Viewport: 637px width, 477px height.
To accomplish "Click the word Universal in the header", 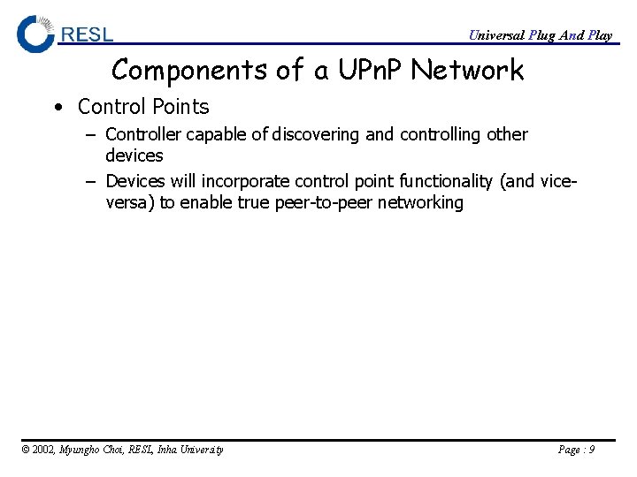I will (495, 35).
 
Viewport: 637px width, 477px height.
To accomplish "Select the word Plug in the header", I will (542, 35).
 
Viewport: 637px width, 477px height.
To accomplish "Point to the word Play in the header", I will (600, 35).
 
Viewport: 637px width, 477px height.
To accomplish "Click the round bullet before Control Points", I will (58, 108).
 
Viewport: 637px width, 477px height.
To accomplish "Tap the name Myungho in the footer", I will (81, 450).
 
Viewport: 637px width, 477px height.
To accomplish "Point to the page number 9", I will (591, 450).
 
